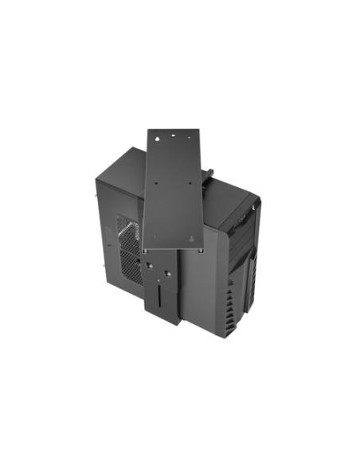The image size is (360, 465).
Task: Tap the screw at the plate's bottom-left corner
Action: pyautogui.click(x=146, y=247)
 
